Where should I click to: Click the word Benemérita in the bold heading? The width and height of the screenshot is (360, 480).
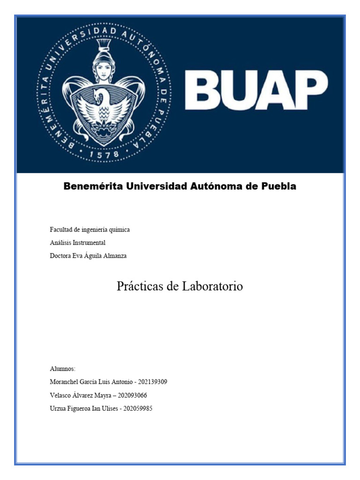pos(93,186)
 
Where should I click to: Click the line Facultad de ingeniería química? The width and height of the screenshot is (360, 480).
pos(90,230)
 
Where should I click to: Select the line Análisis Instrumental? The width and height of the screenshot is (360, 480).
pos(77,243)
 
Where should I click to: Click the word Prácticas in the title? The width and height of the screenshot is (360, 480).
pos(139,286)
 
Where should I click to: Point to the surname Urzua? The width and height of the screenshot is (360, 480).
pos(58,408)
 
